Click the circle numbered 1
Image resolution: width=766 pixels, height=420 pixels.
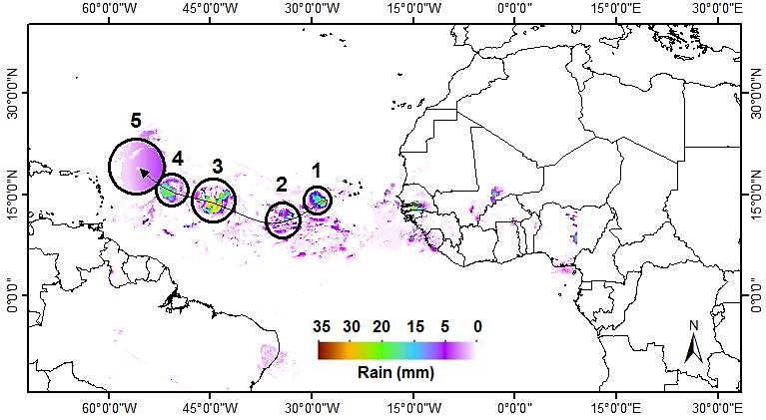(x=318, y=201)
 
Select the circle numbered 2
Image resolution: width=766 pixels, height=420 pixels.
(x=284, y=219)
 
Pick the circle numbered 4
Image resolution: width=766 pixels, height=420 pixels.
(x=172, y=190)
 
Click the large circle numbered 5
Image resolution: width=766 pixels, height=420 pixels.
(x=137, y=166)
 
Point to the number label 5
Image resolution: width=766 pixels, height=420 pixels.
(x=137, y=121)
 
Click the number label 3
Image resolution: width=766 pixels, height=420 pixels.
(x=217, y=166)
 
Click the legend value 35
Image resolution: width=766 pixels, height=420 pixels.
(x=322, y=326)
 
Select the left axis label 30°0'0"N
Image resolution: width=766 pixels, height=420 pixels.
(x=14, y=94)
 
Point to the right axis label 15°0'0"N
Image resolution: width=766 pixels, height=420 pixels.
(x=754, y=195)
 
